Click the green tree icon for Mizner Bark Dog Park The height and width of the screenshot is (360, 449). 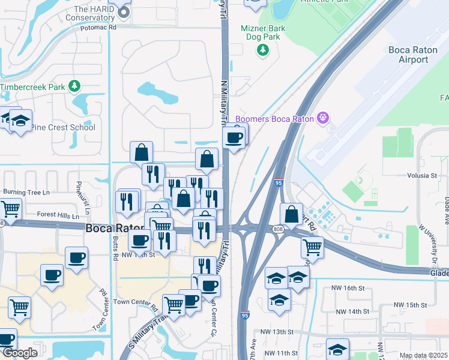tap(262, 51)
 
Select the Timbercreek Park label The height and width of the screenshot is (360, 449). tap(32, 87)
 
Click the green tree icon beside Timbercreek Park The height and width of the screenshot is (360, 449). tap(74, 86)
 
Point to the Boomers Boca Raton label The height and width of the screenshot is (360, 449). tap(275, 118)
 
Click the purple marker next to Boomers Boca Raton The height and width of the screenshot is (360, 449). tap(323, 118)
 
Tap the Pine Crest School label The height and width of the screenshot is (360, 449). tap(63, 127)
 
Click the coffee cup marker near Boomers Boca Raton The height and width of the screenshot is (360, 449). tap(234, 137)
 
